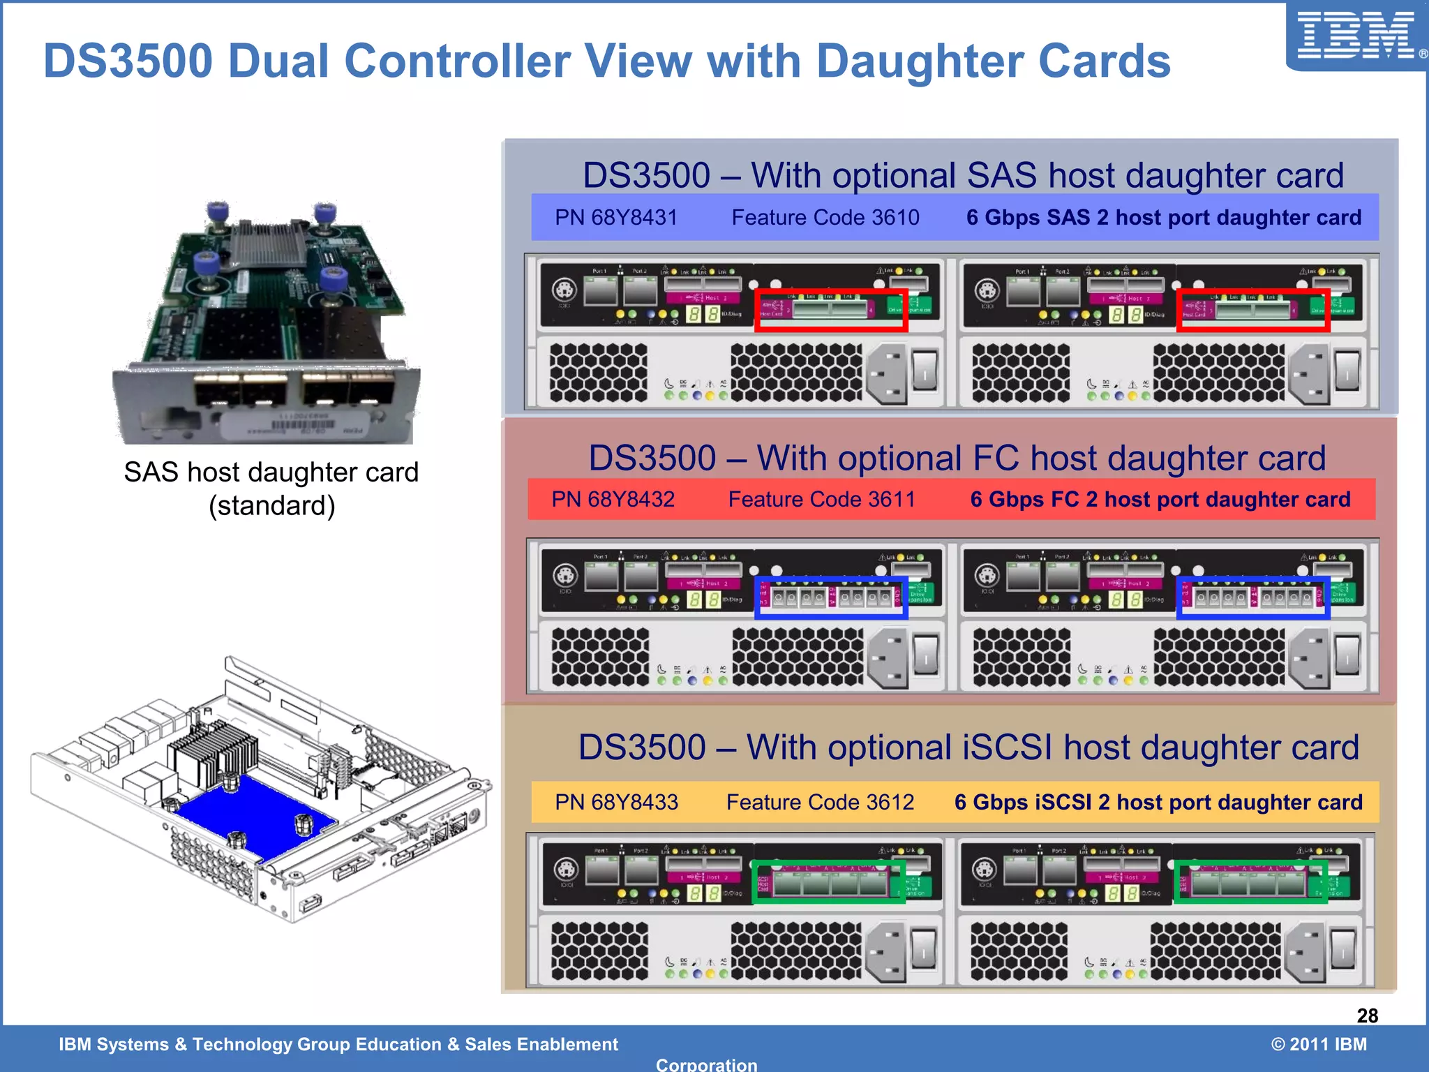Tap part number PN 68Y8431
tap(615, 218)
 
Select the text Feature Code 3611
tap(821, 500)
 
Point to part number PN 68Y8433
tap(615, 803)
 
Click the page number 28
tap(1367, 1015)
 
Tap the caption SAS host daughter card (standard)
tap(271, 489)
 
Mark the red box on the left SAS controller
tap(830, 310)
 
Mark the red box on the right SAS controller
tap(1252, 310)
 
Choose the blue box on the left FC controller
tap(830, 597)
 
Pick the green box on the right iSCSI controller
tap(1250, 882)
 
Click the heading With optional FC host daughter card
tap(956, 459)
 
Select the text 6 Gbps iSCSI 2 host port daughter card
tap(1158, 803)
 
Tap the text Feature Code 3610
tap(825, 218)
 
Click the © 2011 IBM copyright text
tap(1318, 1044)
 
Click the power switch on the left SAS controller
tap(925, 371)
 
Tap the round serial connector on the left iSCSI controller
tap(566, 871)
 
